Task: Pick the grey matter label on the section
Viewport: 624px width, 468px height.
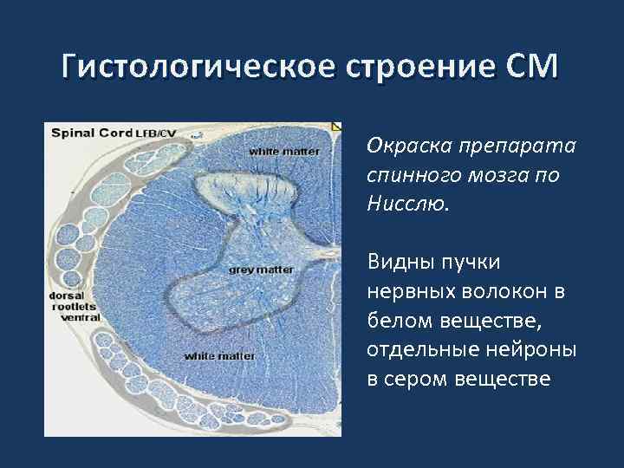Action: (x=261, y=270)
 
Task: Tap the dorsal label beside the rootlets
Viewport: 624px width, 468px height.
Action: (x=66, y=295)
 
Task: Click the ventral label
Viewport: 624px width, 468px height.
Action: (x=80, y=317)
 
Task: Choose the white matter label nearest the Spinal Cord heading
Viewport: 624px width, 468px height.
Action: (x=284, y=152)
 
